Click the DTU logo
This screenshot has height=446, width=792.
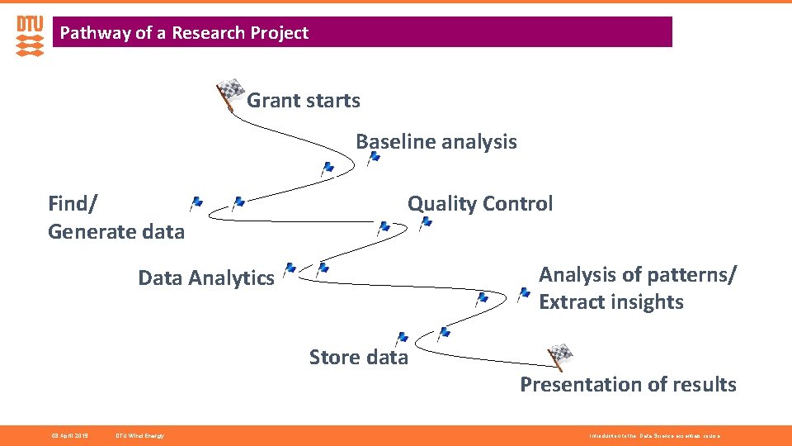pyautogui.click(x=30, y=36)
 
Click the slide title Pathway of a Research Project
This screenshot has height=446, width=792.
pyautogui.click(x=184, y=33)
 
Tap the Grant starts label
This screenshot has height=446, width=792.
pyautogui.click(x=304, y=101)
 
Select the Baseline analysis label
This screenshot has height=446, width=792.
pyautogui.click(x=436, y=142)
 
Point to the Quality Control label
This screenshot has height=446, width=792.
pyautogui.click(x=480, y=204)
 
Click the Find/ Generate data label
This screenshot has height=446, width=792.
pyautogui.click(x=115, y=217)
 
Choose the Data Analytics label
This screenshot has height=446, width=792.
pyautogui.click(x=205, y=278)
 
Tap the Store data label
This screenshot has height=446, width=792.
pyautogui.click(x=358, y=358)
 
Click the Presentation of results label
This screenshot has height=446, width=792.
pyautogui.click(x=628, y=385)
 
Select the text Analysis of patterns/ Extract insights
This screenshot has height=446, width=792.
pyautogui.click(x=638, y=288)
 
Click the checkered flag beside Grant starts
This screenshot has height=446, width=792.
pyautogui.click(x=230, y=93)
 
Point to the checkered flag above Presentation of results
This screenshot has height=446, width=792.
pyautogui.click(x=560, y=356)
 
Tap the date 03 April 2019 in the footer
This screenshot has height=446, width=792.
pyautogui.click(x=69, y=435)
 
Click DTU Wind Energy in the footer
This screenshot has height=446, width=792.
pyautogui.click(x=139, y=435)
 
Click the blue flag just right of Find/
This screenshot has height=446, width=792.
pyautogui.click(x=196, y=202)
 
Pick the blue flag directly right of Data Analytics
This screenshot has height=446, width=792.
pyautogui.click(x=290, y=268)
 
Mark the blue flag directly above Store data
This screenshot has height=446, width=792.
pyautogui.click(x=402, y=338)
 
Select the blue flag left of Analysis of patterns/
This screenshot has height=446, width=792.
pyautogui.click(x=523, y=292)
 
